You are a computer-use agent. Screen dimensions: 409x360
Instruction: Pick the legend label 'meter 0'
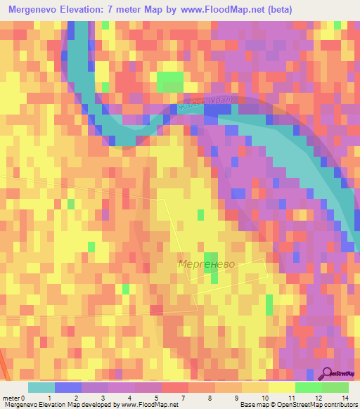[14, 398]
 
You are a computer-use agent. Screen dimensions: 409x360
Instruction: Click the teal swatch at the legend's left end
[41, 387]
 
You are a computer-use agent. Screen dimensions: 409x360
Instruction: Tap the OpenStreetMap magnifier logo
[327, 374]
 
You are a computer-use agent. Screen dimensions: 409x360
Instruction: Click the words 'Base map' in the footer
[253, 405]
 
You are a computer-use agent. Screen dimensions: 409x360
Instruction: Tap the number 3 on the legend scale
[102, 398]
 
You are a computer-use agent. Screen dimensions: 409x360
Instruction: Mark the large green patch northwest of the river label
[169, 82]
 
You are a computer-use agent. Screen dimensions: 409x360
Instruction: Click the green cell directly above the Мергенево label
[210, 258]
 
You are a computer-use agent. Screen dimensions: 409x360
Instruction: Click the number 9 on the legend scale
[235, 398]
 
